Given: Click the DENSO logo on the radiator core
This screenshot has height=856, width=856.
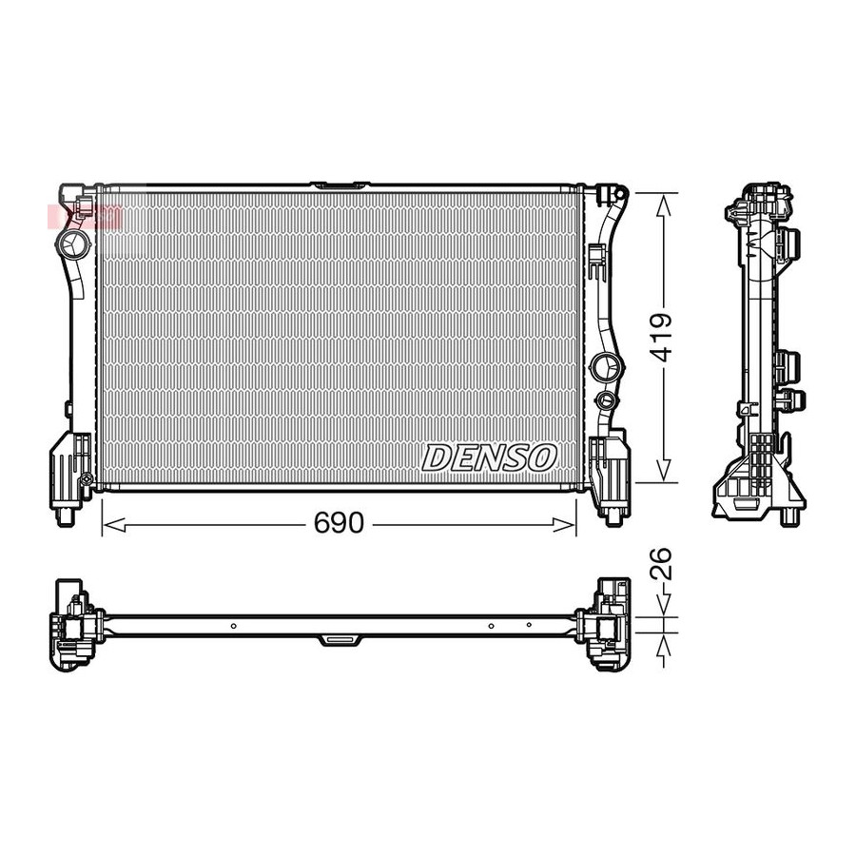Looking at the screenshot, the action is [489, 457].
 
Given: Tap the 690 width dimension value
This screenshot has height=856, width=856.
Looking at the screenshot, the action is [339, 523].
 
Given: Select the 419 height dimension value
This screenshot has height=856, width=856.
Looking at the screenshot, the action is [663, 338].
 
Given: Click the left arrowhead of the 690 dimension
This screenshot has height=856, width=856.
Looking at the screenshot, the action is [114, 525].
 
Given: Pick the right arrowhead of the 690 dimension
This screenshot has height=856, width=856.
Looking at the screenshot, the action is [564, 525].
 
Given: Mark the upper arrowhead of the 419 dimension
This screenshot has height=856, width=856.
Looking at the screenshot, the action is [663, 206].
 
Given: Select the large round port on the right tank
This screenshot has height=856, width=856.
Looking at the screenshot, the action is [606, 366].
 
